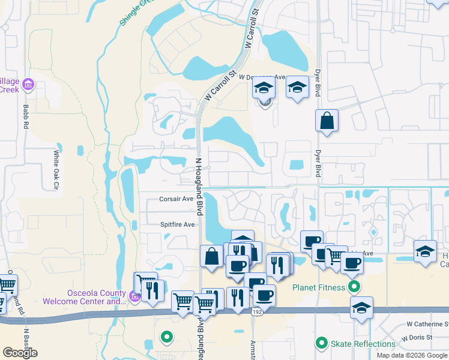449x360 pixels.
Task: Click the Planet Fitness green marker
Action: click(355, 287)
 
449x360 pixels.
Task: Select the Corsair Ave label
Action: click(176, 199)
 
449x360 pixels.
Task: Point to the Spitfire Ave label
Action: click(177, 224)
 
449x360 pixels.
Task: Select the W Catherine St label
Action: click(427, 324)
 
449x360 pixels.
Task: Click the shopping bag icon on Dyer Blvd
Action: click(327, 120)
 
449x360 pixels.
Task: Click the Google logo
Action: click(20, 353)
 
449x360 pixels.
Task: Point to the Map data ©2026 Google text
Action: click(412, 355)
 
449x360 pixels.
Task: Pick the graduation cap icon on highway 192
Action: click(361, 308)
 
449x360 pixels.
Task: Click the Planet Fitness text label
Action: click(319, 287)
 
